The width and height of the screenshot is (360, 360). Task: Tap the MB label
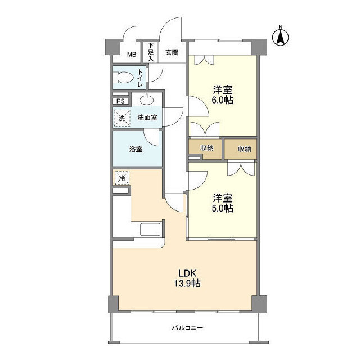click(132, 55)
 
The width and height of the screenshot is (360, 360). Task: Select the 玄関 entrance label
click(172, 52)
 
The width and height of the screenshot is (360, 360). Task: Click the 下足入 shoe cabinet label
click(151, 52)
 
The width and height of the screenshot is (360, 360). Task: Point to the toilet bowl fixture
click(123, 78)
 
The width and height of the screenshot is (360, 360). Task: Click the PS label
click(120, 101)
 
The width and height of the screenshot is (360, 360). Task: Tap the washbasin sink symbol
click(147, 100)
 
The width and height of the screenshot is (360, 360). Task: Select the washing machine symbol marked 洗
click(121, 118)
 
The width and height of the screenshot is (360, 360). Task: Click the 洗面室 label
click(147, 118)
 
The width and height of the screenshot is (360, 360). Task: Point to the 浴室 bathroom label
click(136, 149)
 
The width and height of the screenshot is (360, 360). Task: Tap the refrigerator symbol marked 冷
click(122, 178)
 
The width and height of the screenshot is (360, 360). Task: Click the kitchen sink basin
click(150, 229)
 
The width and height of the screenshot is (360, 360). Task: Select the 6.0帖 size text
click(223, 100)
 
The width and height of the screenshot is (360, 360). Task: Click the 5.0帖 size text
click(223, 208)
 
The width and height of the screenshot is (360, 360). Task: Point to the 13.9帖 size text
click(187, 283)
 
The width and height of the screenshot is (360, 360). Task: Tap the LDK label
click(187, 273)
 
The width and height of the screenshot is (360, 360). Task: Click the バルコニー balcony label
click(187, 327)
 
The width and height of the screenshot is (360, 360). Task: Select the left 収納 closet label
click(207, 148)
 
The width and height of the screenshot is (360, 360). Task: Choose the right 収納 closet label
click(245, 149)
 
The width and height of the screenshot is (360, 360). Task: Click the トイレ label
click(140, 78)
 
